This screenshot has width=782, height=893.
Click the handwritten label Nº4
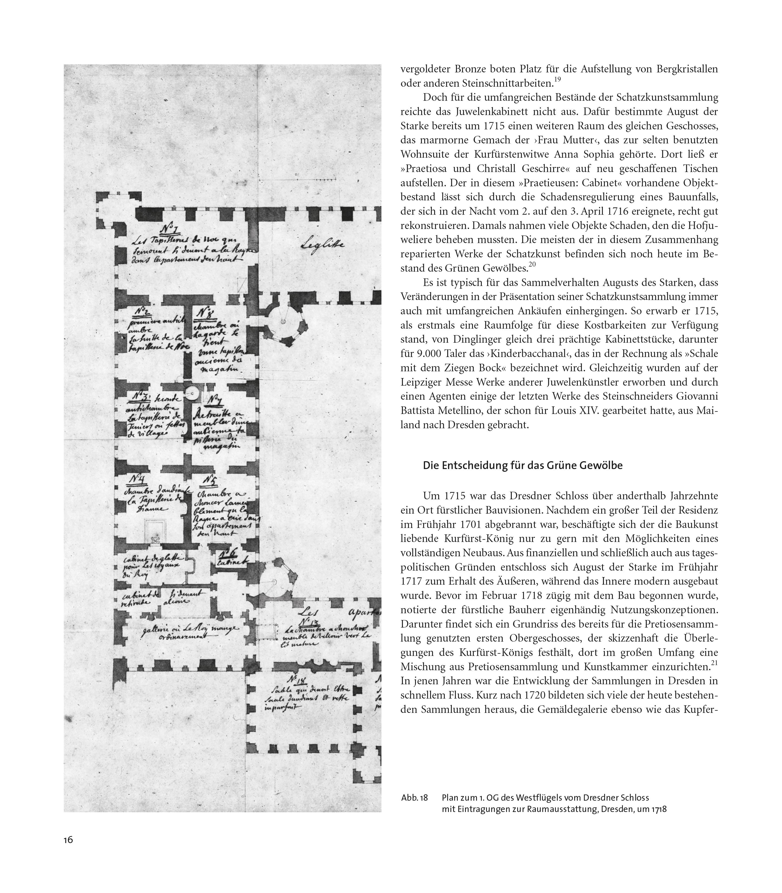(x=138, y=480)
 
